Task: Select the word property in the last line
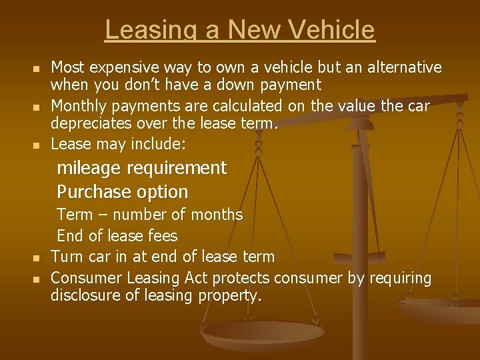(x=229, y=296)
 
